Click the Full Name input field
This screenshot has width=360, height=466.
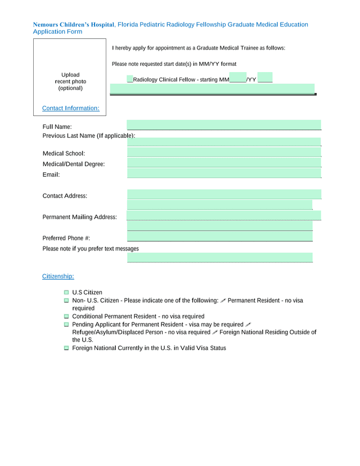224,125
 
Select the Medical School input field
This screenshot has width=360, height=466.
224,152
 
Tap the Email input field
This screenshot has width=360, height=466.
224,173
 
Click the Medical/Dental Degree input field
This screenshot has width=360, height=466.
224,163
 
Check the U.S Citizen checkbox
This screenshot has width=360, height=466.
66,293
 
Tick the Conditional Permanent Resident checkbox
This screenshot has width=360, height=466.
66,316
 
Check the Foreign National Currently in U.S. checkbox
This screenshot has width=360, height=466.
66,348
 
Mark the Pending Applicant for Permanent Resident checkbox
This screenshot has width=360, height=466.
66,325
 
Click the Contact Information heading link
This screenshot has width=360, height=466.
71,108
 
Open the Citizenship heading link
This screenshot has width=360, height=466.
58,276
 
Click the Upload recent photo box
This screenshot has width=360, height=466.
70,81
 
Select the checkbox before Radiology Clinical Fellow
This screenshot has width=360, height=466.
130,79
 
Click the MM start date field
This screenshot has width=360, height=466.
237,78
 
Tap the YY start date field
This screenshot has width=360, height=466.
265,78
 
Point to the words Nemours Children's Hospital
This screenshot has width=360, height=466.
73,25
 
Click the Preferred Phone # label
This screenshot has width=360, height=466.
66,238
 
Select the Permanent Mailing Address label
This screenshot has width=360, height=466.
80,217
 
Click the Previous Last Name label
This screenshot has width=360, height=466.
89,136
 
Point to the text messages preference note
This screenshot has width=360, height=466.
91,248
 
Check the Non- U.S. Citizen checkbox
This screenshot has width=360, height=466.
66,301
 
